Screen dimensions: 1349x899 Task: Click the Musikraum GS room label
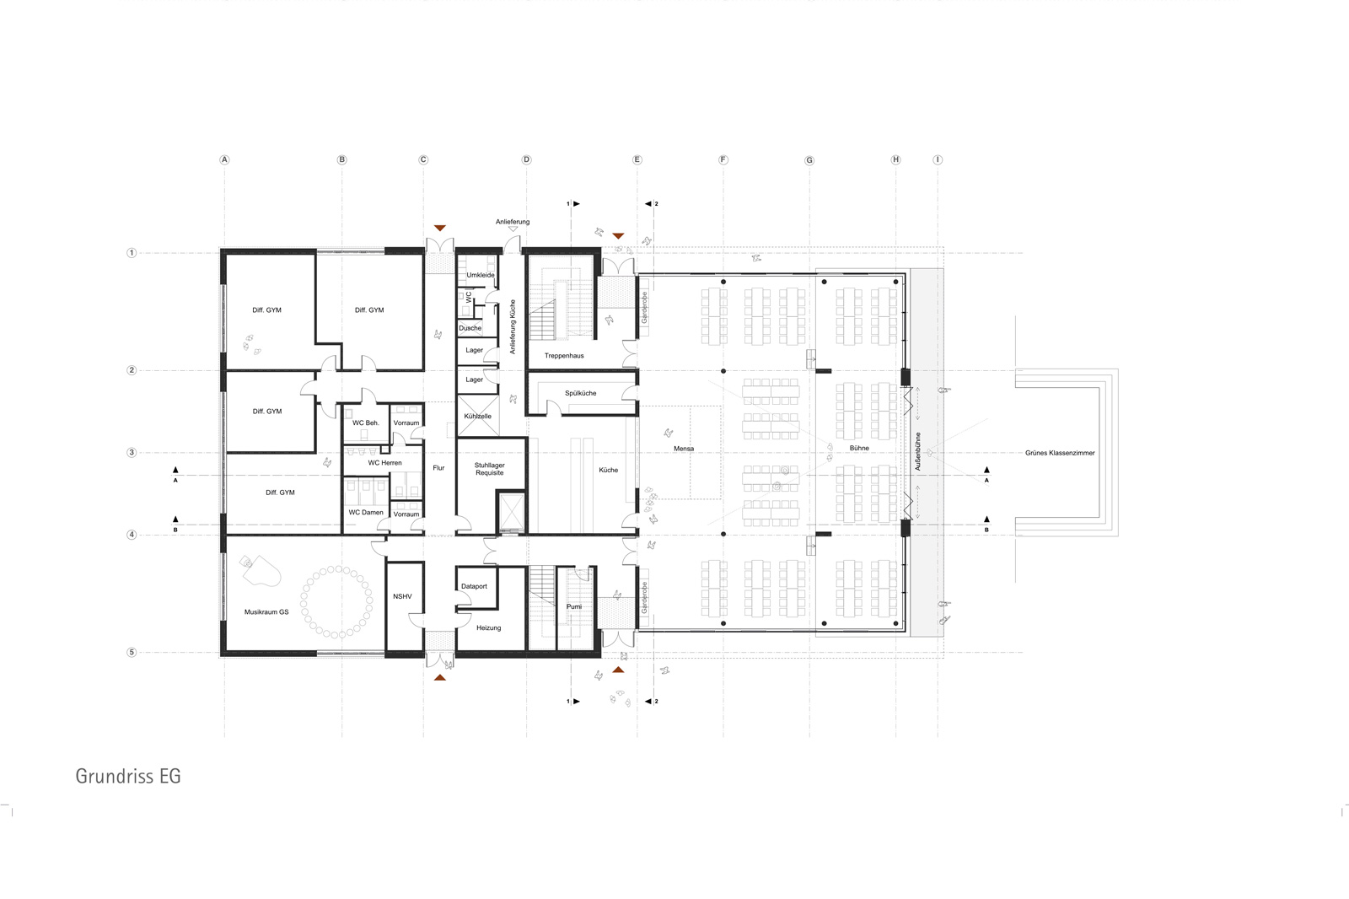266,611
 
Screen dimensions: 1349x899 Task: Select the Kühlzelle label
477,416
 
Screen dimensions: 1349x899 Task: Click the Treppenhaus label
564,356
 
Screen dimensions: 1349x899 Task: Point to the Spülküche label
581,393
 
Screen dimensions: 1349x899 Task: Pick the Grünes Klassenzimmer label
1060,453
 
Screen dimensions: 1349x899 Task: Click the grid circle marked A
224,159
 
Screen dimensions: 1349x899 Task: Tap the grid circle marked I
938,159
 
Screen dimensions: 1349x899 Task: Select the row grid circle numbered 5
132,652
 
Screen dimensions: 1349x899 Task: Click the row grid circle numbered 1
132,253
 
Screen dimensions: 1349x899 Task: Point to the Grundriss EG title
127,776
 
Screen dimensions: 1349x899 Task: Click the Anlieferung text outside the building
513,222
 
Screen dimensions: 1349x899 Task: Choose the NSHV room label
402,596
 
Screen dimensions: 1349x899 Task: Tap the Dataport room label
474,586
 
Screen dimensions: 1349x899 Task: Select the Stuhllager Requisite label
490,469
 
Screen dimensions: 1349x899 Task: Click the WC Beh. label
366,423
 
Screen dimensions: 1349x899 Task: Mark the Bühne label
859,449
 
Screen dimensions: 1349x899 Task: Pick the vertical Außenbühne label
918,451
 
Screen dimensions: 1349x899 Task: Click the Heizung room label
488,627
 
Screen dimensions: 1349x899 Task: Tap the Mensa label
684,449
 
